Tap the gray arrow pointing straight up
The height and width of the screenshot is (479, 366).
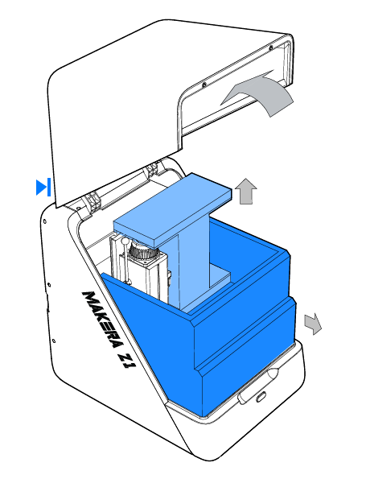tap(246, 192)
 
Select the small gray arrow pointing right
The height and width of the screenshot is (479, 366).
tap(313, 324)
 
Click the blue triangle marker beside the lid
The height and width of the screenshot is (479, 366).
tap(43, 188)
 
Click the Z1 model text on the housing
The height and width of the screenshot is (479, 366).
tap(127, 360)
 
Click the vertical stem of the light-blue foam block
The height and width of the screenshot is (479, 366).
tap(194, 262)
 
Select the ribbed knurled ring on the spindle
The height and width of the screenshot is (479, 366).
tap(142, 250)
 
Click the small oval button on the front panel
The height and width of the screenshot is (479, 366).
tap(261, 397)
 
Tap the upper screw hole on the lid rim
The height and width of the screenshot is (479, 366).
tap(270, 47)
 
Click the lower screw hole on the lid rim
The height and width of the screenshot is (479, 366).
tap(204, 85)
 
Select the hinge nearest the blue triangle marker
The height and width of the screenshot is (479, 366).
tap(93, 203)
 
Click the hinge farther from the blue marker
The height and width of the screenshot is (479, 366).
tap(152, 169)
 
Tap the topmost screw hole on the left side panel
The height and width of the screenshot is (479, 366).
tap(45, 221)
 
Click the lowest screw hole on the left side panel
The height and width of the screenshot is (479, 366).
tap(54, 341)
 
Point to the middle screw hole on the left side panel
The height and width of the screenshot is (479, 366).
tap(49, 285)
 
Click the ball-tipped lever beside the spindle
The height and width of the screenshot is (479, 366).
tap(125, 261)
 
